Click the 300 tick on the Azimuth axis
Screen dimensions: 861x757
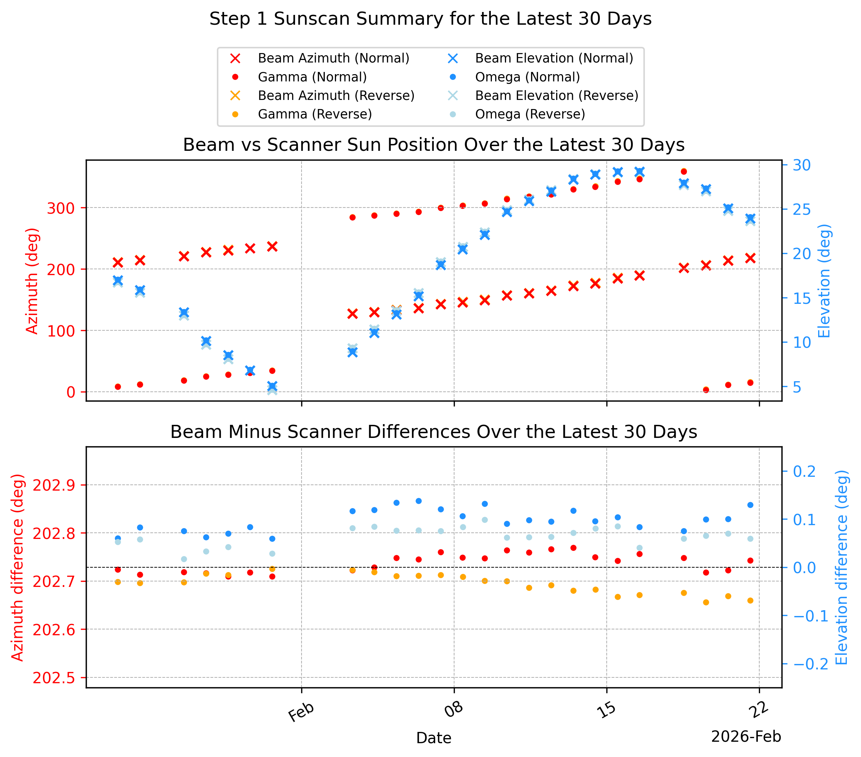(61, 208)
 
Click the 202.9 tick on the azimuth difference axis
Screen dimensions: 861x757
(54, 485)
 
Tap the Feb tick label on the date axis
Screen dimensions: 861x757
(301, 712)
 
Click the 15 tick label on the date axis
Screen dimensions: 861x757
(607, 710)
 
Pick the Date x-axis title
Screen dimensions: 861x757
(434, 738)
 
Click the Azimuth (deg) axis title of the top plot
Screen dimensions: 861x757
(32, 281)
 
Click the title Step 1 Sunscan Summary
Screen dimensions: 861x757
(430, 19)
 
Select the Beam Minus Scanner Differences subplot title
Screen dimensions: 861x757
(434, 432)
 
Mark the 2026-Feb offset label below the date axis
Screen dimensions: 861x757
(746, 737)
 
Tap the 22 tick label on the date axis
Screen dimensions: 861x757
(760, 710)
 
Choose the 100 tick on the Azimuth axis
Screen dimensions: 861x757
(61, 331)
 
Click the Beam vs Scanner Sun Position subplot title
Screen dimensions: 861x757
(434, 145)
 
